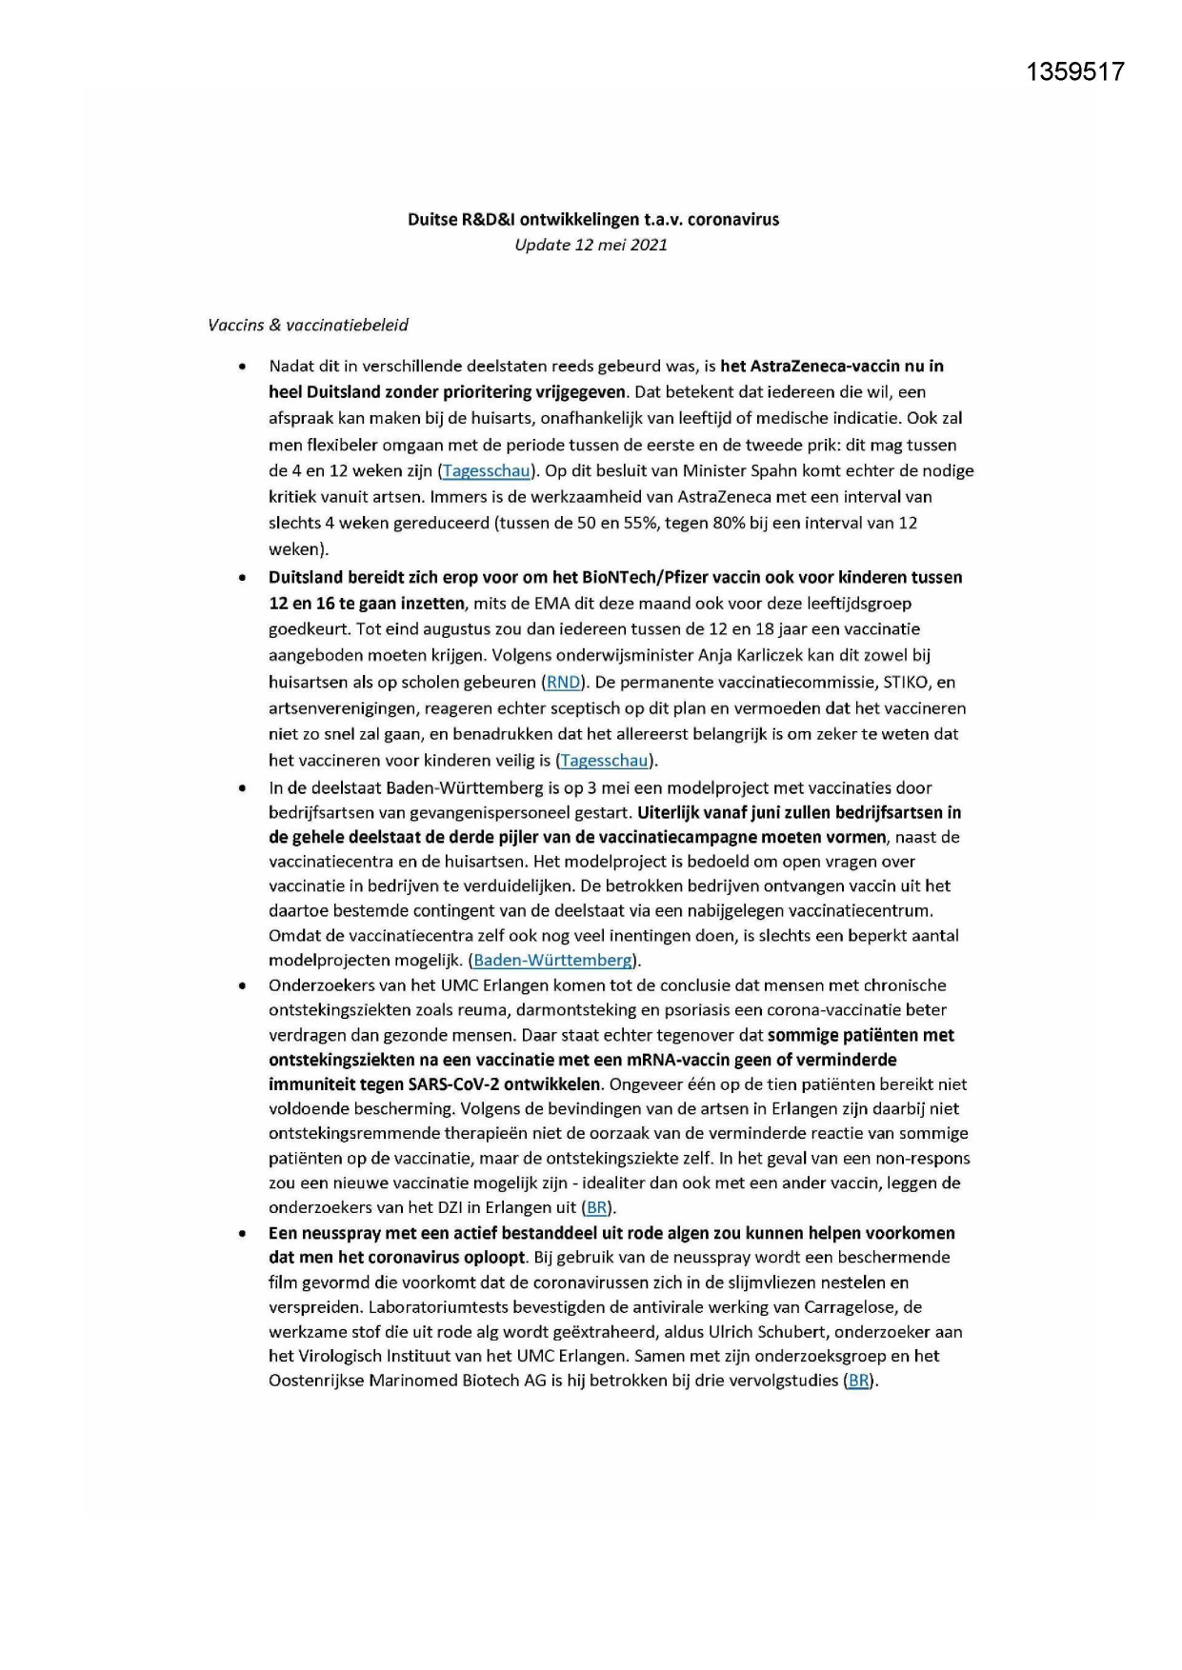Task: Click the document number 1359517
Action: pyautogui.click(x=1075, y=72)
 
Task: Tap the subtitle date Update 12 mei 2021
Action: pyautogui.click(x=591, y=245)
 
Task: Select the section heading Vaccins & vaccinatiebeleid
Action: pyautogui.click(x=308, y=325)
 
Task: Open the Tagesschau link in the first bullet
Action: pyautogui.click(x=486, y=470)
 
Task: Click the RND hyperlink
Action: pyautogui.click(x=563, y=682)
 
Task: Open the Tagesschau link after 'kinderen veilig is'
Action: pyautogui.click(x=605, y=760)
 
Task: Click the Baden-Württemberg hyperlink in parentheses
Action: pyautogui.click(x=552, y=960)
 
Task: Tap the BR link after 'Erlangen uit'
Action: pyautogui.click(x=596, y=1207)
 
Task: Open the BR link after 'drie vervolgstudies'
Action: pyautogui.click(x=858, y=1381)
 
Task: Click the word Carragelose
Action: pyautogui.click(x=852, y=1306)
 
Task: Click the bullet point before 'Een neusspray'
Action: pyautogui.click(x=245, y=1234)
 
